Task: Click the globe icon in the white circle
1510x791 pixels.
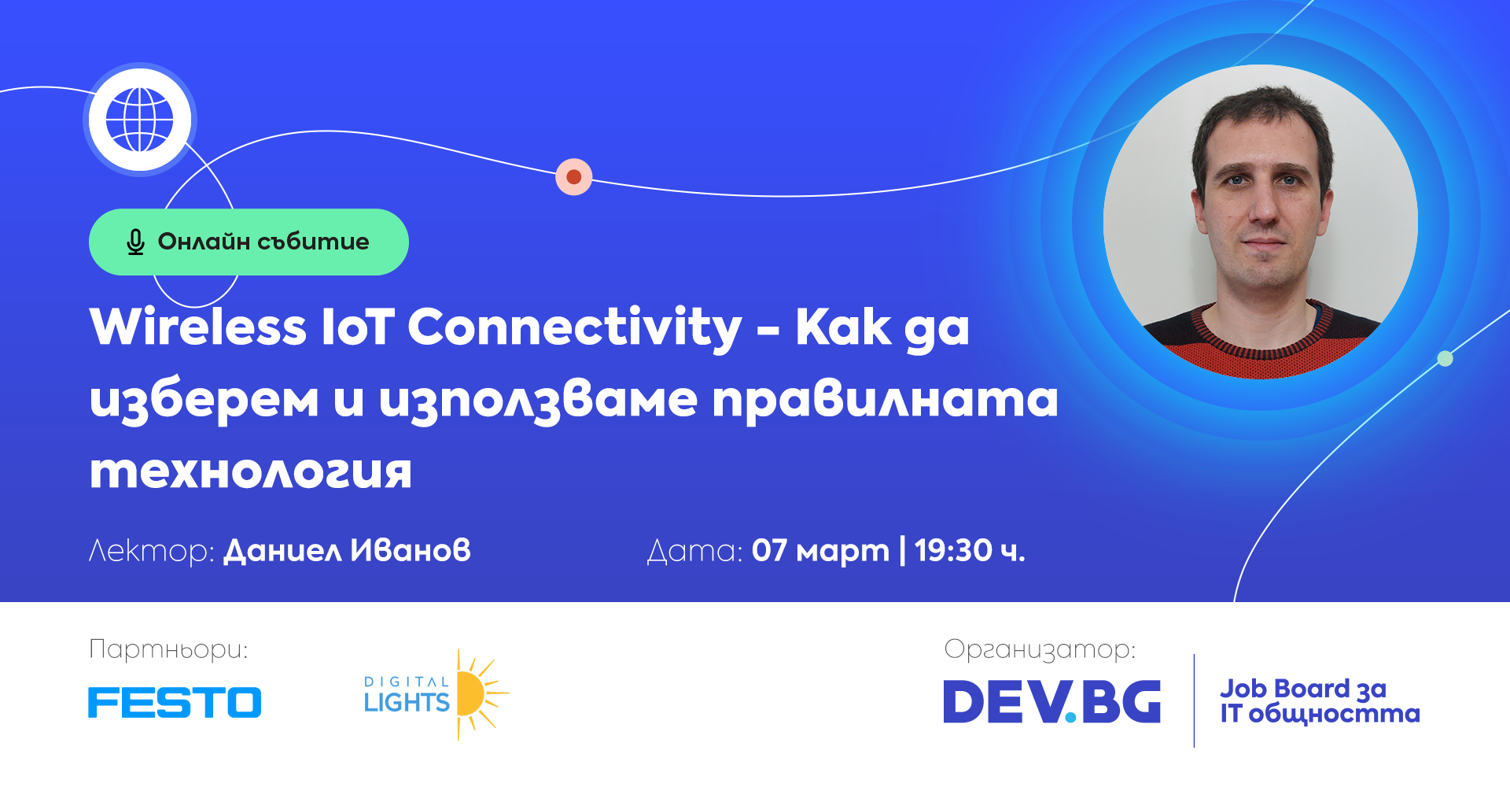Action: (x=140, y=120)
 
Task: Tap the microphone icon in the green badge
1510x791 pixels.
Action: (x=135, y=242)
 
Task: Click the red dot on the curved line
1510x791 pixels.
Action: (x=574, y=176)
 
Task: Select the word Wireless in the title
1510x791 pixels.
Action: (x=197, y=327)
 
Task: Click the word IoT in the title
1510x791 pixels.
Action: (x=358, y=327)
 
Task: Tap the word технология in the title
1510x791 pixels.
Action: (x=250, y=472)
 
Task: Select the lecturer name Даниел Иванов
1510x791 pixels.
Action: (x=347, y=550)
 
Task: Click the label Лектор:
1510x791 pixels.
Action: (x=151, y=551)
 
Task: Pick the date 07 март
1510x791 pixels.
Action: (x=820, y=551)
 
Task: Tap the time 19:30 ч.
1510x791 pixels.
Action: (x=970, y=551)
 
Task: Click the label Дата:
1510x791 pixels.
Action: (x=694, y=551)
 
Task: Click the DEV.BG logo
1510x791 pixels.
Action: (x=1052, y=701)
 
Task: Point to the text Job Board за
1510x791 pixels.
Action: (x=1303, y=689)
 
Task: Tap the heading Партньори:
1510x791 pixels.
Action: (x=168, y=650)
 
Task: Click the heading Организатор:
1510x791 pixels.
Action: (x=1040, y=650)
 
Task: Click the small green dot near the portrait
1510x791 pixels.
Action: (x=1445, y=359)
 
